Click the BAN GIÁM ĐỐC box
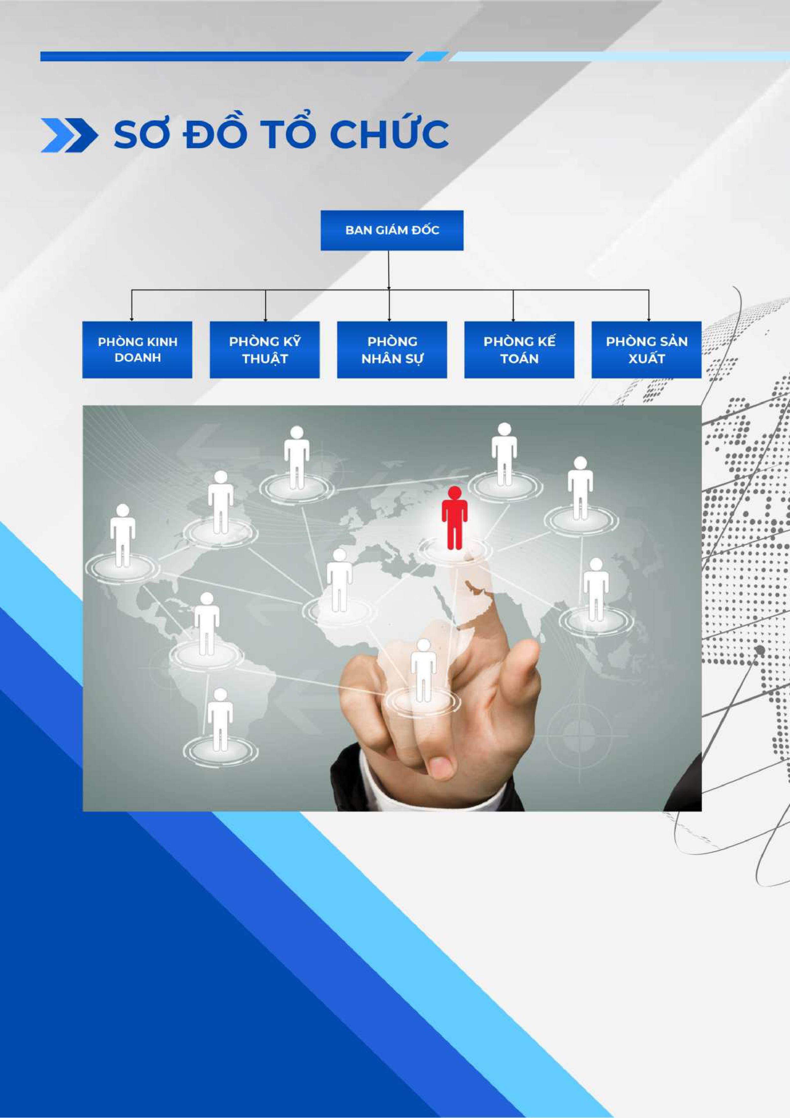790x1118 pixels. coord(392,230)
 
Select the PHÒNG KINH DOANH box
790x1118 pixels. coord(137,350)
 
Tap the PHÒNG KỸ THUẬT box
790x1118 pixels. coord(265,350)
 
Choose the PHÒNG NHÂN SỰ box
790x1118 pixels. coord(392,350)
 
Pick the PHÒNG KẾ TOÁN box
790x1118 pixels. coord(519,350)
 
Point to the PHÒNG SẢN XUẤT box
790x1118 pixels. coord(646,350)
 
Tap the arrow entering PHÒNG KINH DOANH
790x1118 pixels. coord(132,305)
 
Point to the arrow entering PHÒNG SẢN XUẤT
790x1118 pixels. coord(649,305)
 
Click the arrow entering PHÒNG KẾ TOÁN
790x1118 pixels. coord(513,305)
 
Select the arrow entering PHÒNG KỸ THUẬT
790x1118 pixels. coord(265,305)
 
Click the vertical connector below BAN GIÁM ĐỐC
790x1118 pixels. coord(388,270)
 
